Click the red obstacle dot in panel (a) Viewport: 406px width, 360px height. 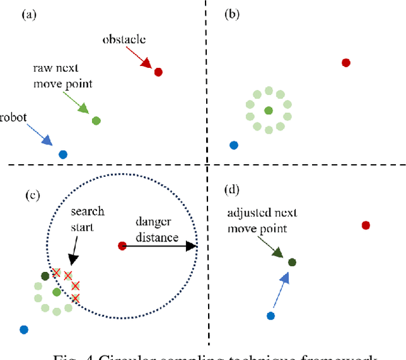[x=159, y=72]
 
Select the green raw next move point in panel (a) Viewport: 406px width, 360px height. [x=96, y=120]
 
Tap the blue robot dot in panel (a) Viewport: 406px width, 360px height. [x=63, y=154]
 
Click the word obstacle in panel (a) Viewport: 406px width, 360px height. [x=124, y=39]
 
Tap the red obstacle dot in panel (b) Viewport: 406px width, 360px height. [x=346, y=63]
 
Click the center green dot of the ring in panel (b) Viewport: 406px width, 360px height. [x=268, y=111]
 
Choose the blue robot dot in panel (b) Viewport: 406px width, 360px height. [x=233, y=145]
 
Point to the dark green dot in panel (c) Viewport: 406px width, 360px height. [x=45, y=276]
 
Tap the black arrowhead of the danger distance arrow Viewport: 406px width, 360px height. [x=191, y=246]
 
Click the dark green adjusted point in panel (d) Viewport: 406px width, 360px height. [x=292, y=262]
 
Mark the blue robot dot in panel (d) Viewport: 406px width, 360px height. [x=271, y=316]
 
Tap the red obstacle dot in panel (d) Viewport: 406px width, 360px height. [x=365, y=225]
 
